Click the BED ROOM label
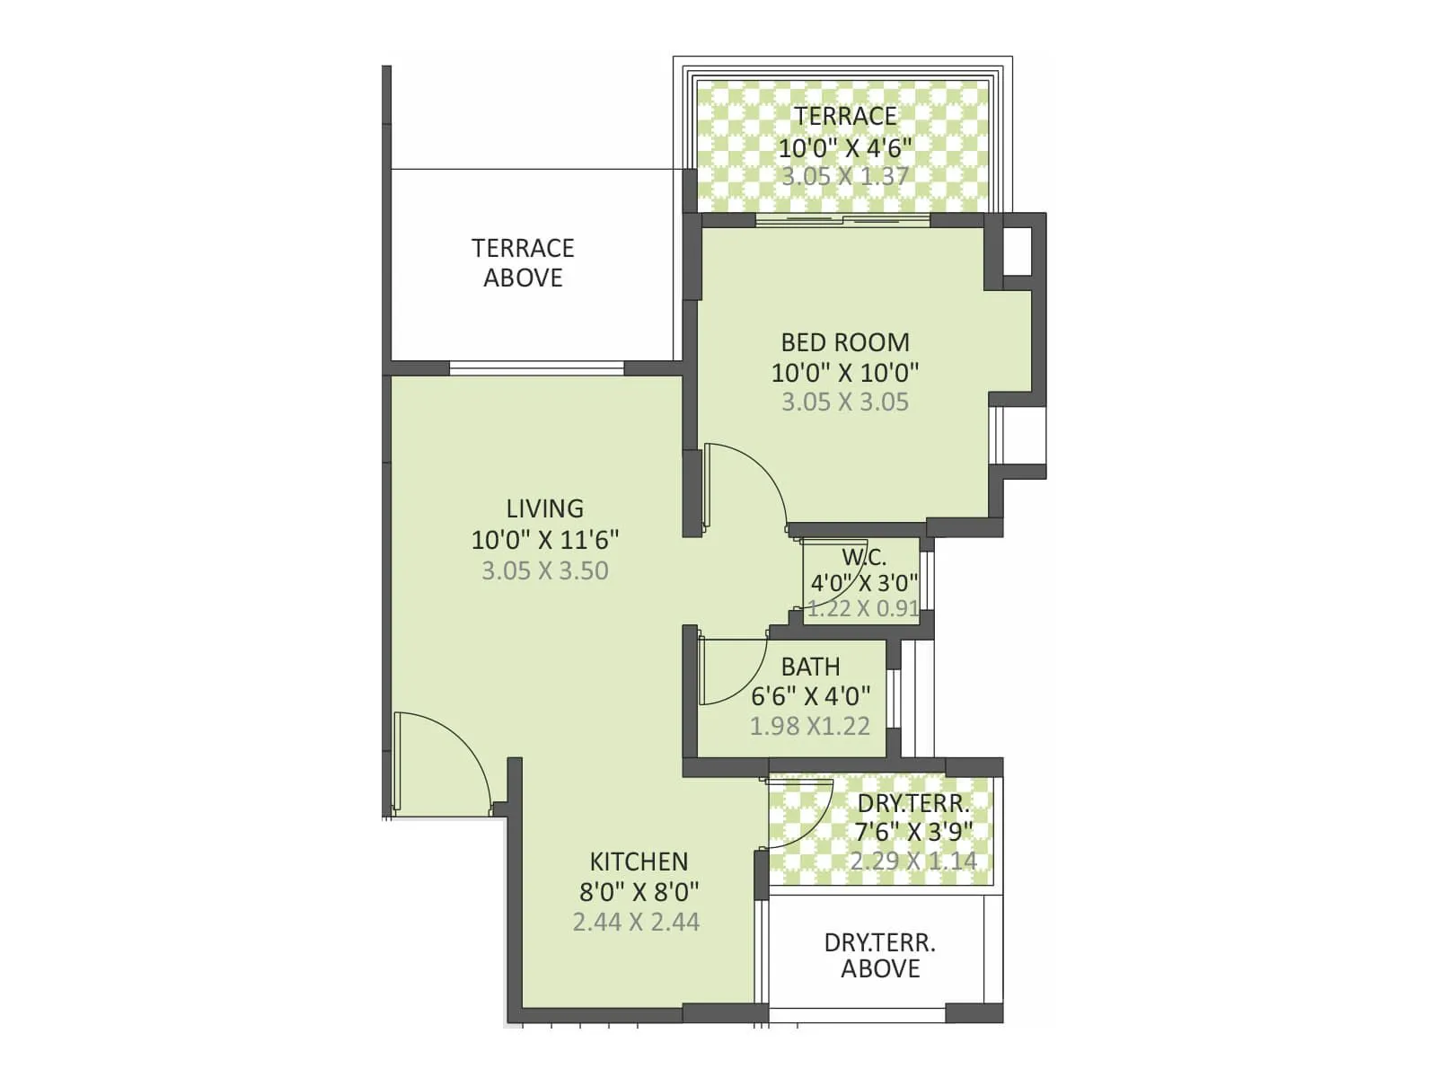coord(844,342)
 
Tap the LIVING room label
coord(544,508)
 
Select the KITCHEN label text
coord(639,862)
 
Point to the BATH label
coord(810,667)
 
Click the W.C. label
coord(864,556)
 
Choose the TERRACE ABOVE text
coord(523,262)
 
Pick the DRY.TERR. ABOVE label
coord(879,956)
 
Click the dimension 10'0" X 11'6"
coord(544,540)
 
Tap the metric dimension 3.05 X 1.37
coord(844,176)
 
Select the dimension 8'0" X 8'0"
coord(639,892)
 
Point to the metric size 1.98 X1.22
coord(810,726)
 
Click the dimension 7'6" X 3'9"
coord(913,832)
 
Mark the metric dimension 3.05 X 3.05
coord(844,402)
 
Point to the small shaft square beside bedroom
coord(1018,252)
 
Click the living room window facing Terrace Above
coord(536,367)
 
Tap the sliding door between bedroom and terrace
coord(842,220)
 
